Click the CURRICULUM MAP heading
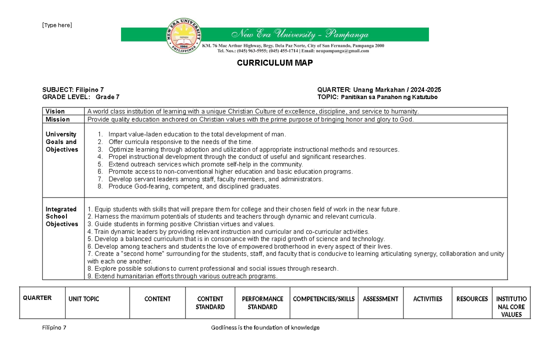pos(275,63)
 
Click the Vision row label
pos(55,111)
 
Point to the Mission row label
pos(58,119)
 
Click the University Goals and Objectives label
pos(62,142)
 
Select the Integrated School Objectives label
pos(62,216)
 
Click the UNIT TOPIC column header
pos(84,299)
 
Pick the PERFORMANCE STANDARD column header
pos(263,303)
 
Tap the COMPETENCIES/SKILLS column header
pos(324,299)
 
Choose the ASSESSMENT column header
pos(380,299)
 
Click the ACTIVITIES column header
pos(428,299)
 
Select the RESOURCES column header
pos(472,299)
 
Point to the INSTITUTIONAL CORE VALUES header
pos(511,307)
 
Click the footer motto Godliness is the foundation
pos(265,327)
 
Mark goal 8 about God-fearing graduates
pos(194,187)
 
